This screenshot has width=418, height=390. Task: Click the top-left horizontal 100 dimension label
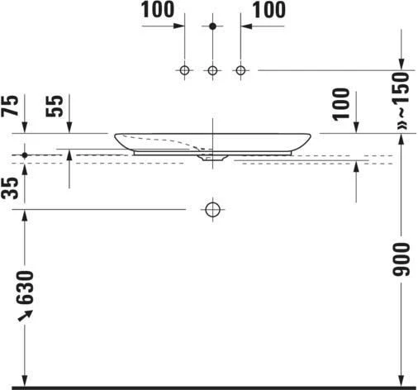click(158, 11)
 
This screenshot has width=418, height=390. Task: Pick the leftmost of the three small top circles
click(185, 70)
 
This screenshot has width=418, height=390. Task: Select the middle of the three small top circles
click(212, 70)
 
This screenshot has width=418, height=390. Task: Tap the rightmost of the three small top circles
click(241, 70)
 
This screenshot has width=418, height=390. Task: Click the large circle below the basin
click(212, 209)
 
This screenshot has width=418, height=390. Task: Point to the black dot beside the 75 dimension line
click(25, 155)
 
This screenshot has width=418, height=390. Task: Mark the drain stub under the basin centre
click(213, 155)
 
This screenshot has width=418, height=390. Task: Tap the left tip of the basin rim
click(115, 135)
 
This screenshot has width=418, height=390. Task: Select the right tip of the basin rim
click(311, 136)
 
